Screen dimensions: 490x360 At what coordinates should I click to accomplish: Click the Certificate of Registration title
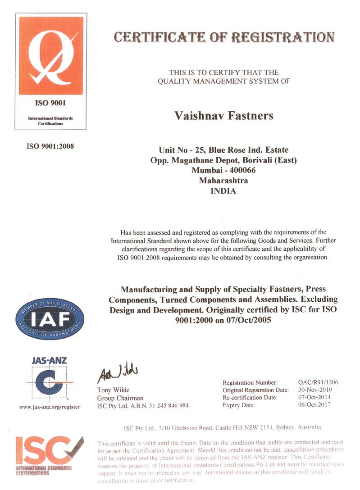coord(224,37)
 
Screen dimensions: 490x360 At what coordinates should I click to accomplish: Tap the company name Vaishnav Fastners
coord(223,116)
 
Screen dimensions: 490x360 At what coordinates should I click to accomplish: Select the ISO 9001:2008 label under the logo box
coord(51,146)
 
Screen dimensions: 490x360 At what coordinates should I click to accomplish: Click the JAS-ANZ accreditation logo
coord(50,378)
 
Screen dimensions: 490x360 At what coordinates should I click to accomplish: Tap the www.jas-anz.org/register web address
coord(50,407)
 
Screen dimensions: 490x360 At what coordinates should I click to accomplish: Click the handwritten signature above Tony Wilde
coord(114,373)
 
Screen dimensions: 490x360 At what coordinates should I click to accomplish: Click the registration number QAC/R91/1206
coord(318,382)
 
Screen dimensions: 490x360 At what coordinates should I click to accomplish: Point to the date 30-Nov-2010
coord(314,390)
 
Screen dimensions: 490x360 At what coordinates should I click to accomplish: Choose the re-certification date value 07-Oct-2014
coord(314,397)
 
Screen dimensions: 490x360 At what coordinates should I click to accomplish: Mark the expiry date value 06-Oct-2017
coord(314,405)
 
